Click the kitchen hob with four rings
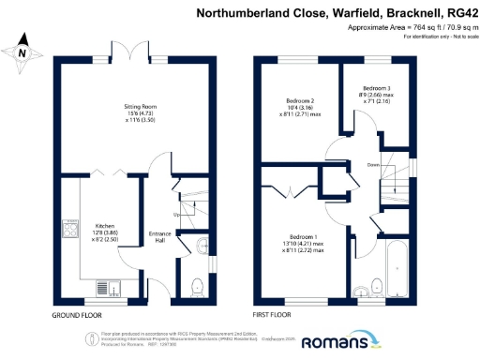(70, 228)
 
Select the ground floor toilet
(198, 285)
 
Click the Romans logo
(337, 342)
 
